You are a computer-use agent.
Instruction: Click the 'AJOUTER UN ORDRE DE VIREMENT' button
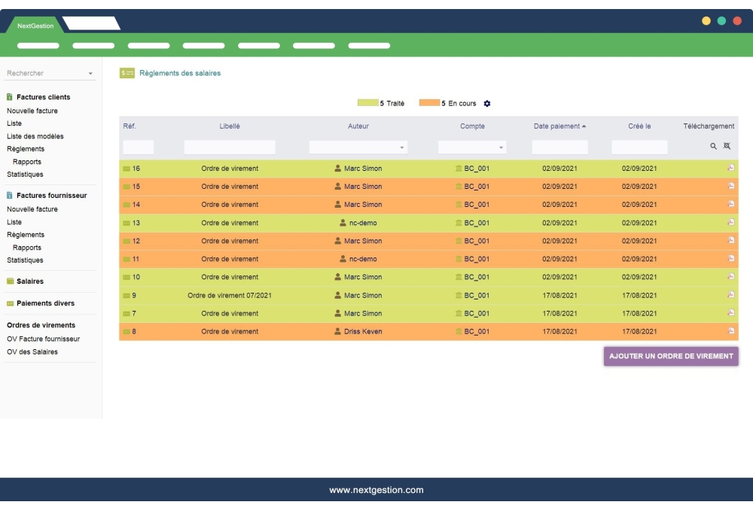point(671,356)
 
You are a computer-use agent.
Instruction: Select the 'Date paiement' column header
point(557,126)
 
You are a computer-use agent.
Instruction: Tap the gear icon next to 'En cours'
point(487,104)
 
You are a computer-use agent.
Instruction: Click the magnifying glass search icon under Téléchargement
point(713,147)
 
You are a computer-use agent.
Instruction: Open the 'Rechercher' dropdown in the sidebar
point(50,73)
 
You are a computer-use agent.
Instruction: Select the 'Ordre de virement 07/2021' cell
point(230,295)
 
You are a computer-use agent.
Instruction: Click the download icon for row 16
point(730,168)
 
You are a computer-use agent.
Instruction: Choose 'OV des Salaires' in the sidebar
point(32,351)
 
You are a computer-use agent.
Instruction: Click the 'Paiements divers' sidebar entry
point(45,303)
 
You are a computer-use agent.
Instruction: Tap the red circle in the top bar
point(737,21)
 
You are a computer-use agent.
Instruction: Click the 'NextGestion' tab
point(35,26)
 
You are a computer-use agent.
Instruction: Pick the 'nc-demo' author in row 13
point(363,223)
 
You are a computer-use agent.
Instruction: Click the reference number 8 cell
point(134,331)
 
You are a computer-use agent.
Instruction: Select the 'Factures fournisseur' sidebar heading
point(51,196)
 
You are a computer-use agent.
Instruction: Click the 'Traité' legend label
point(395,103)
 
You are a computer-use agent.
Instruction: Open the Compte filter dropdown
point(472,148)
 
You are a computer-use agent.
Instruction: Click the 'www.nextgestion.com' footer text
point(376,490)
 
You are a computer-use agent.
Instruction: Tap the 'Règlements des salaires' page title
point(180,73)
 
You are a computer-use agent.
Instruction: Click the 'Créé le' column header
point(639,126)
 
